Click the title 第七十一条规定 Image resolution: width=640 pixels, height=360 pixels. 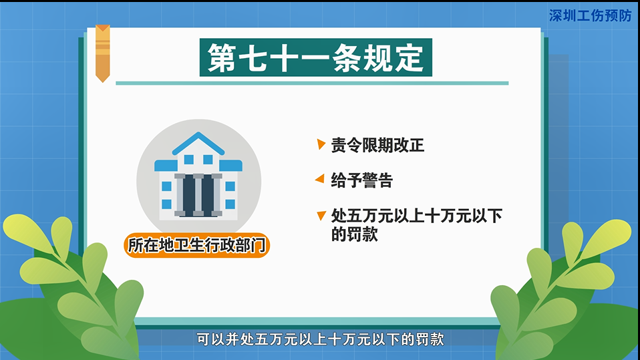click(315, 58)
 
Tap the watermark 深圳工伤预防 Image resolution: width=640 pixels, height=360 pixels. click(589, 15)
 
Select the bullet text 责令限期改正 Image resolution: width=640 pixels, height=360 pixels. click(377, 146)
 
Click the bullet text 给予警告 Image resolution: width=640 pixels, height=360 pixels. click(362, 180)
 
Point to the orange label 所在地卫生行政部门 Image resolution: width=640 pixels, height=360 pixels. click(196, 246)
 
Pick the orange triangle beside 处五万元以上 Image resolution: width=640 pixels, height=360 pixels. click(321, 216)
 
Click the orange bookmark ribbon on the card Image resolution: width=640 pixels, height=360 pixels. click(102, 53)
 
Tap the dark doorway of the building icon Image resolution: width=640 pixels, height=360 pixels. click(198, 193)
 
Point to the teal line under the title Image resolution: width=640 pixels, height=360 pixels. click(312, 83)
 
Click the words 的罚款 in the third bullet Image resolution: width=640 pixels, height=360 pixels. click(355, 234)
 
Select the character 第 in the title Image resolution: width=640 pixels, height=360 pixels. click(222, 58)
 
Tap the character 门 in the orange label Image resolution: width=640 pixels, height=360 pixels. click(257, 246)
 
